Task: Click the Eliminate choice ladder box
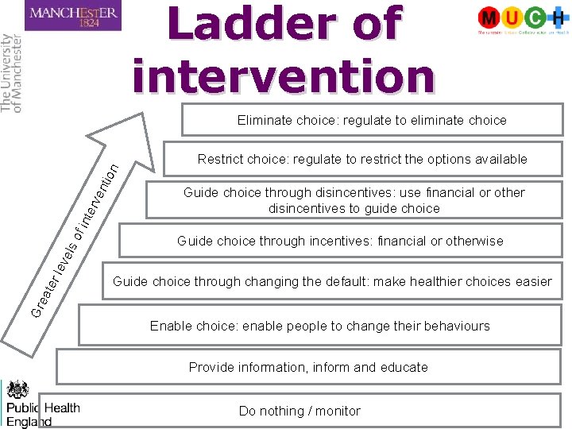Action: pos(372,121)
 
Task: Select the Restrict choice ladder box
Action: pos(362,159)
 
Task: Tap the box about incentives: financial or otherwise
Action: pos(340,242)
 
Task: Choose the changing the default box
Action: pos(332,281)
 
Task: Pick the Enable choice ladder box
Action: pos(319,326)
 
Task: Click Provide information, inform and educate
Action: pos(308,367)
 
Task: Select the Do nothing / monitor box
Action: pos(300,411)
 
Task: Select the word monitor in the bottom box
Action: pos(337,411)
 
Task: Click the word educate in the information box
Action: pos(404,367)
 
